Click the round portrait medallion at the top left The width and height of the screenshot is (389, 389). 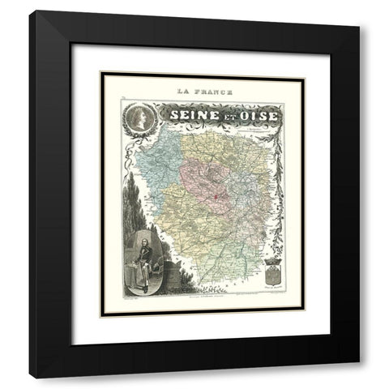[x=138, y=118]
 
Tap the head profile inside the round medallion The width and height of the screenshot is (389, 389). [x=138, y=116]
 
